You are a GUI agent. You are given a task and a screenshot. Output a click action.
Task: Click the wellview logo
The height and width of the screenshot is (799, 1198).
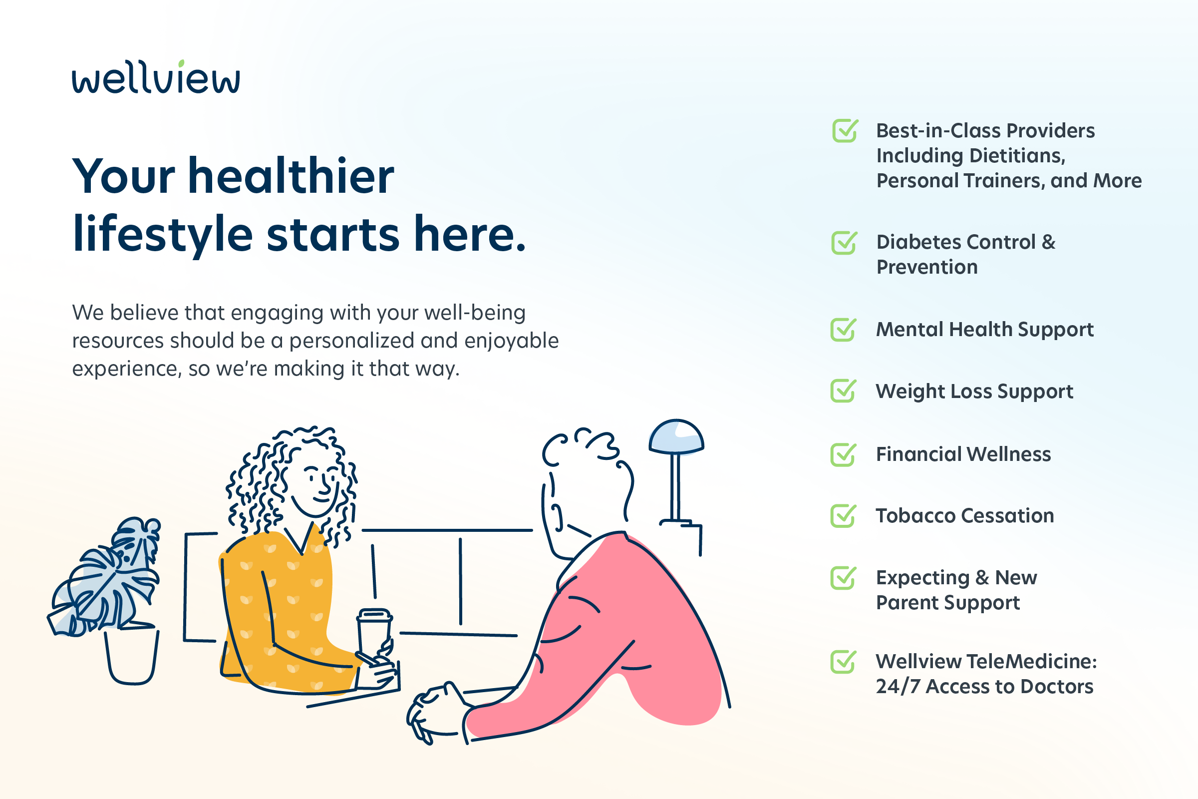point(156,77)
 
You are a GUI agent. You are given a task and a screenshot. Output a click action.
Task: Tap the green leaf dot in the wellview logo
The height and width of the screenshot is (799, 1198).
point(181,63)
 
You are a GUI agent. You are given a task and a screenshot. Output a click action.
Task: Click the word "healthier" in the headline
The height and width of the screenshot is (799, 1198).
point(291,176)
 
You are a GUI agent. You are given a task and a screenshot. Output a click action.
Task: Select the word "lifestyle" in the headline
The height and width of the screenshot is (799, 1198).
point(163,234)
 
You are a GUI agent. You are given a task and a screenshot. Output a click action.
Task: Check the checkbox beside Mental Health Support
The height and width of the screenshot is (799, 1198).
point(844,330)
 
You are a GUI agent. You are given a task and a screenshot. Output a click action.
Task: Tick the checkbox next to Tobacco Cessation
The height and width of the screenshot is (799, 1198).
point(844,516)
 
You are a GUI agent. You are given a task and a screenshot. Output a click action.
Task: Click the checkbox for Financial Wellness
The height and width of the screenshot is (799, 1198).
point(844,454)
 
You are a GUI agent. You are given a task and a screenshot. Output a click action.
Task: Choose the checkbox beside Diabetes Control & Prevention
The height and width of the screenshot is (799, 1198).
point(844,243)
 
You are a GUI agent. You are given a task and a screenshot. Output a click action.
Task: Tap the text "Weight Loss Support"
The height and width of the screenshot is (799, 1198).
point(974,392)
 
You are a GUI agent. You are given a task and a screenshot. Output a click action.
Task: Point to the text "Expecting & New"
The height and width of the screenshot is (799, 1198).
point(956,578)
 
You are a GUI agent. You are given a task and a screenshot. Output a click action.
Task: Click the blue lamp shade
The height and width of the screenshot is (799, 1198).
point(676,436)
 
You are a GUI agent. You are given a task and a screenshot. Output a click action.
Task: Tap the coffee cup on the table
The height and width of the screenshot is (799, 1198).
point(374,634)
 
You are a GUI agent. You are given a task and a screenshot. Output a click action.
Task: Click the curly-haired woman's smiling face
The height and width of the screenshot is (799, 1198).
point(316,484)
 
